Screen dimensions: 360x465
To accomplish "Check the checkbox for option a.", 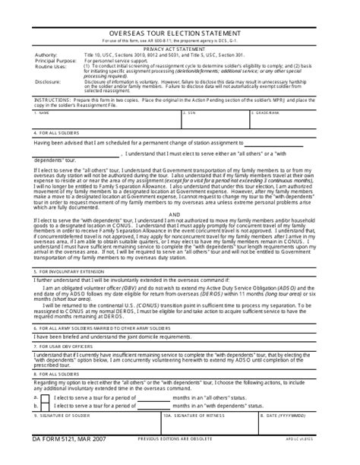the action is point(45,397).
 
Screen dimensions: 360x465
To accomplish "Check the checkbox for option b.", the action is point(45,406).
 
